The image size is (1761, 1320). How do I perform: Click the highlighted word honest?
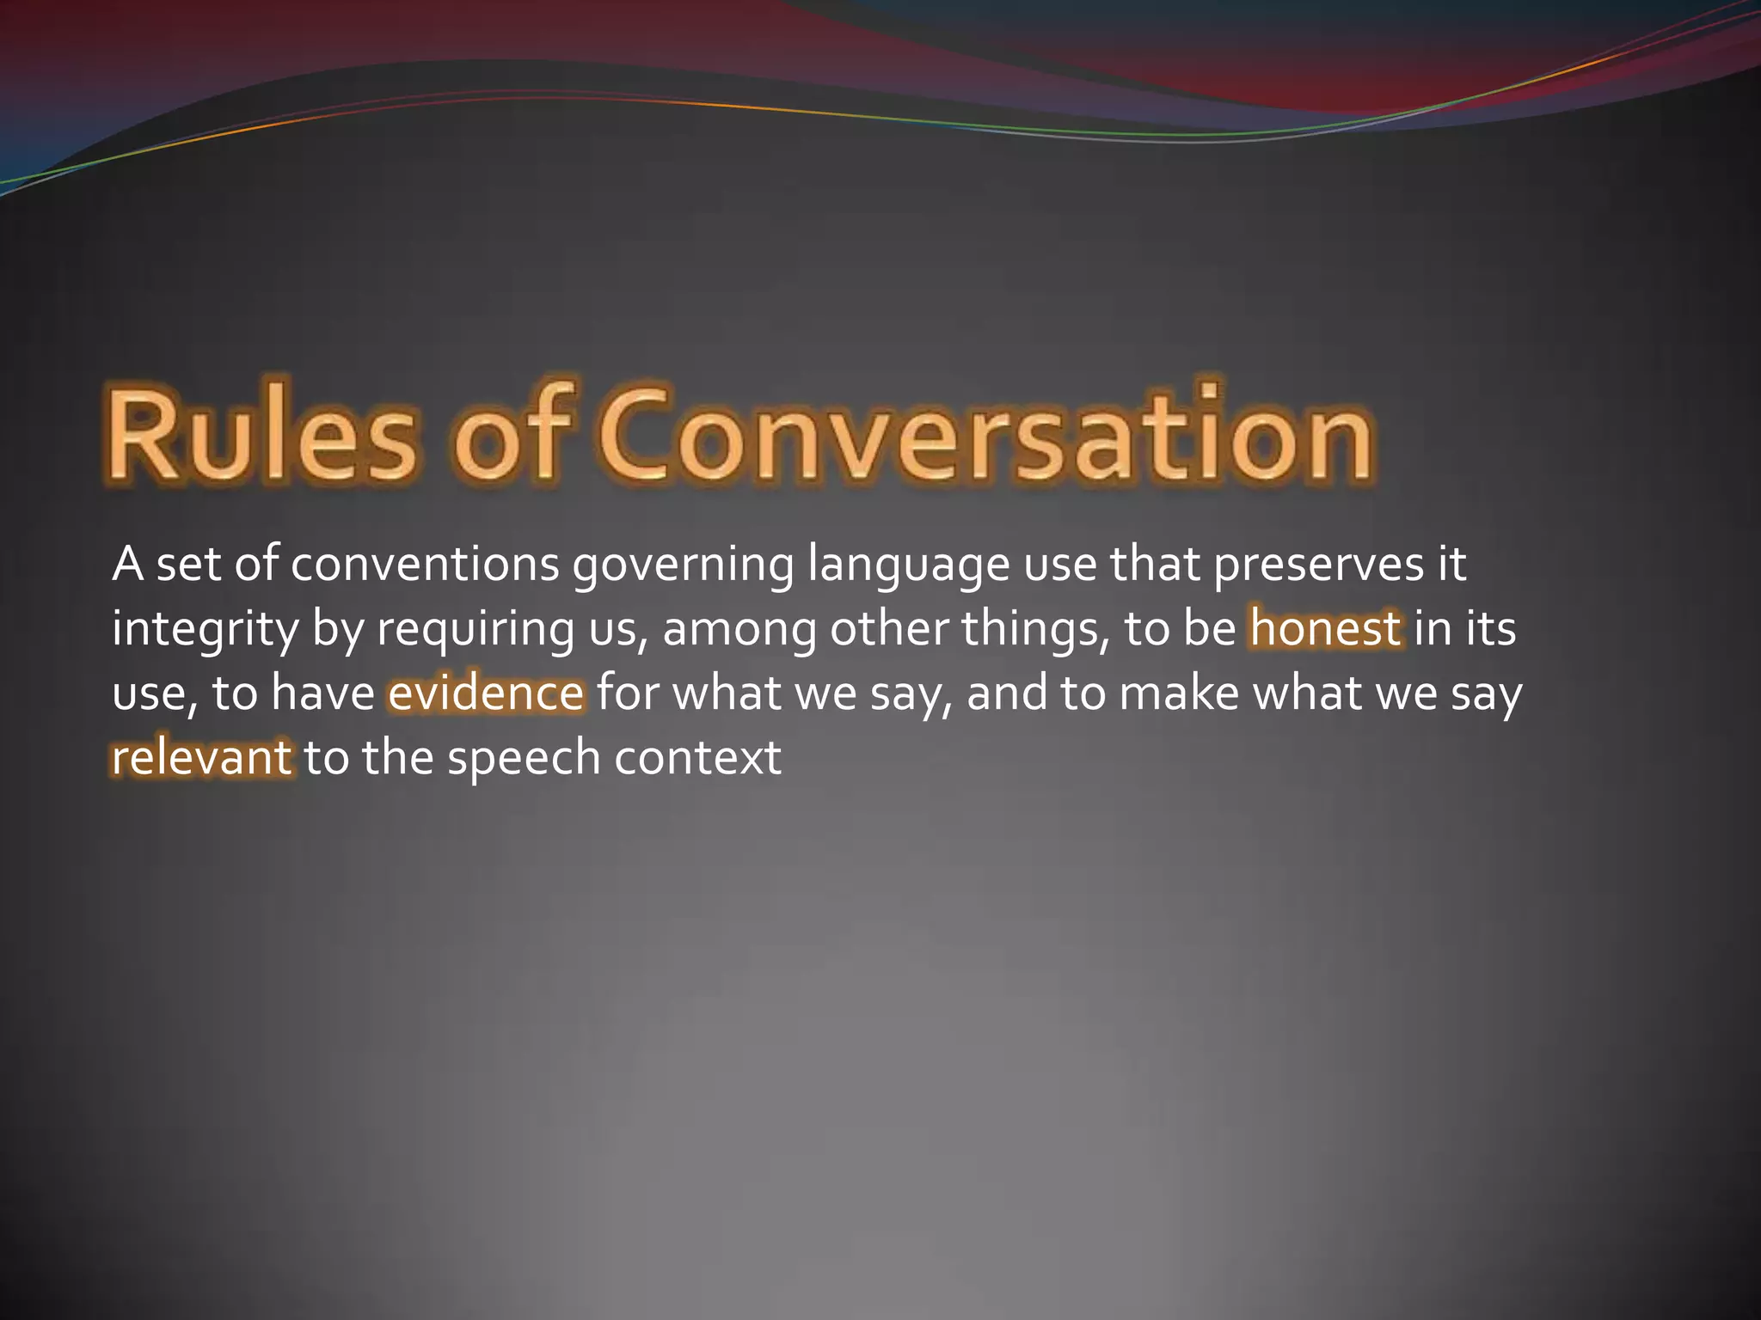(x=1325, y=628)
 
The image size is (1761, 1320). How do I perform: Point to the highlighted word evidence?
(x=486, y=693)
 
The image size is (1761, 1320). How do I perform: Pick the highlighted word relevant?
(x=202, y=757)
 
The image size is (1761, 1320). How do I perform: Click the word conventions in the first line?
(x=425, y=565)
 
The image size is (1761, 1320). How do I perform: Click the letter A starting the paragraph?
(x=127, y=565)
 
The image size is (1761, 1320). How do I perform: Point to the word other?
(x=889, y=628)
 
